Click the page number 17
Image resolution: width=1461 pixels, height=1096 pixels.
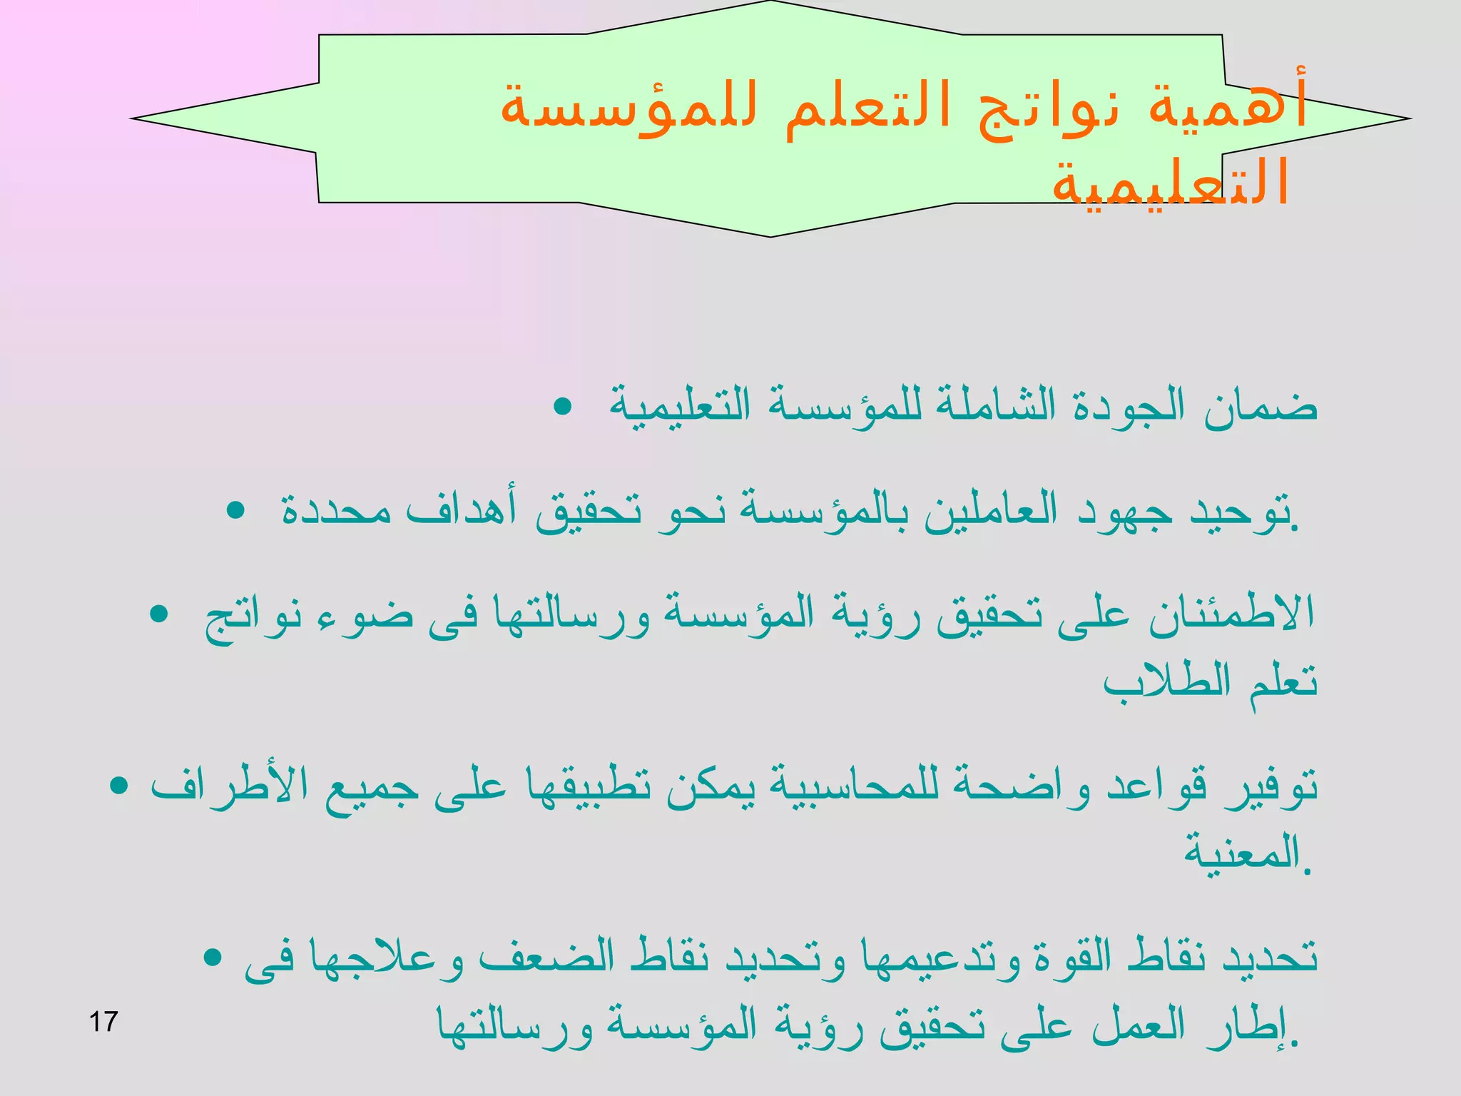tap(103, 1022)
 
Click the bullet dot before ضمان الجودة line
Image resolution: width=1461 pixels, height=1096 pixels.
tap(563, 407)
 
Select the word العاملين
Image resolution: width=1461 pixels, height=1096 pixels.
tap(991, 511)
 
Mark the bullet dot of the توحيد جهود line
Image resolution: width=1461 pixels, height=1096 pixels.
tap(235, 512)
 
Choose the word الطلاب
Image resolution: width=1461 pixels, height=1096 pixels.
tap(1167, 681)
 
